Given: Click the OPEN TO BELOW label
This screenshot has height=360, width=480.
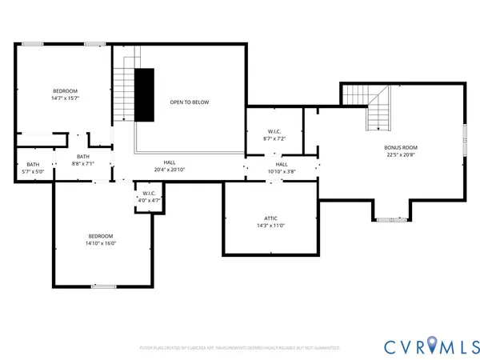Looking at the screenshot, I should (189, 102).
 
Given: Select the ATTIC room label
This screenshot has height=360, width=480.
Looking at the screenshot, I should (270, 218).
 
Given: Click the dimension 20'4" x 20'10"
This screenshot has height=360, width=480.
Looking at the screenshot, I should (170, 170).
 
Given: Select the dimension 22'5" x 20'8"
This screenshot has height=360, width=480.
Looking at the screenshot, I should (401, 155).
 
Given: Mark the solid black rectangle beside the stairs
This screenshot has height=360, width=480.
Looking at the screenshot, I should (144, 94).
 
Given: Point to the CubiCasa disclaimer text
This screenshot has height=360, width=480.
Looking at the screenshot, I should (240, 348).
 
